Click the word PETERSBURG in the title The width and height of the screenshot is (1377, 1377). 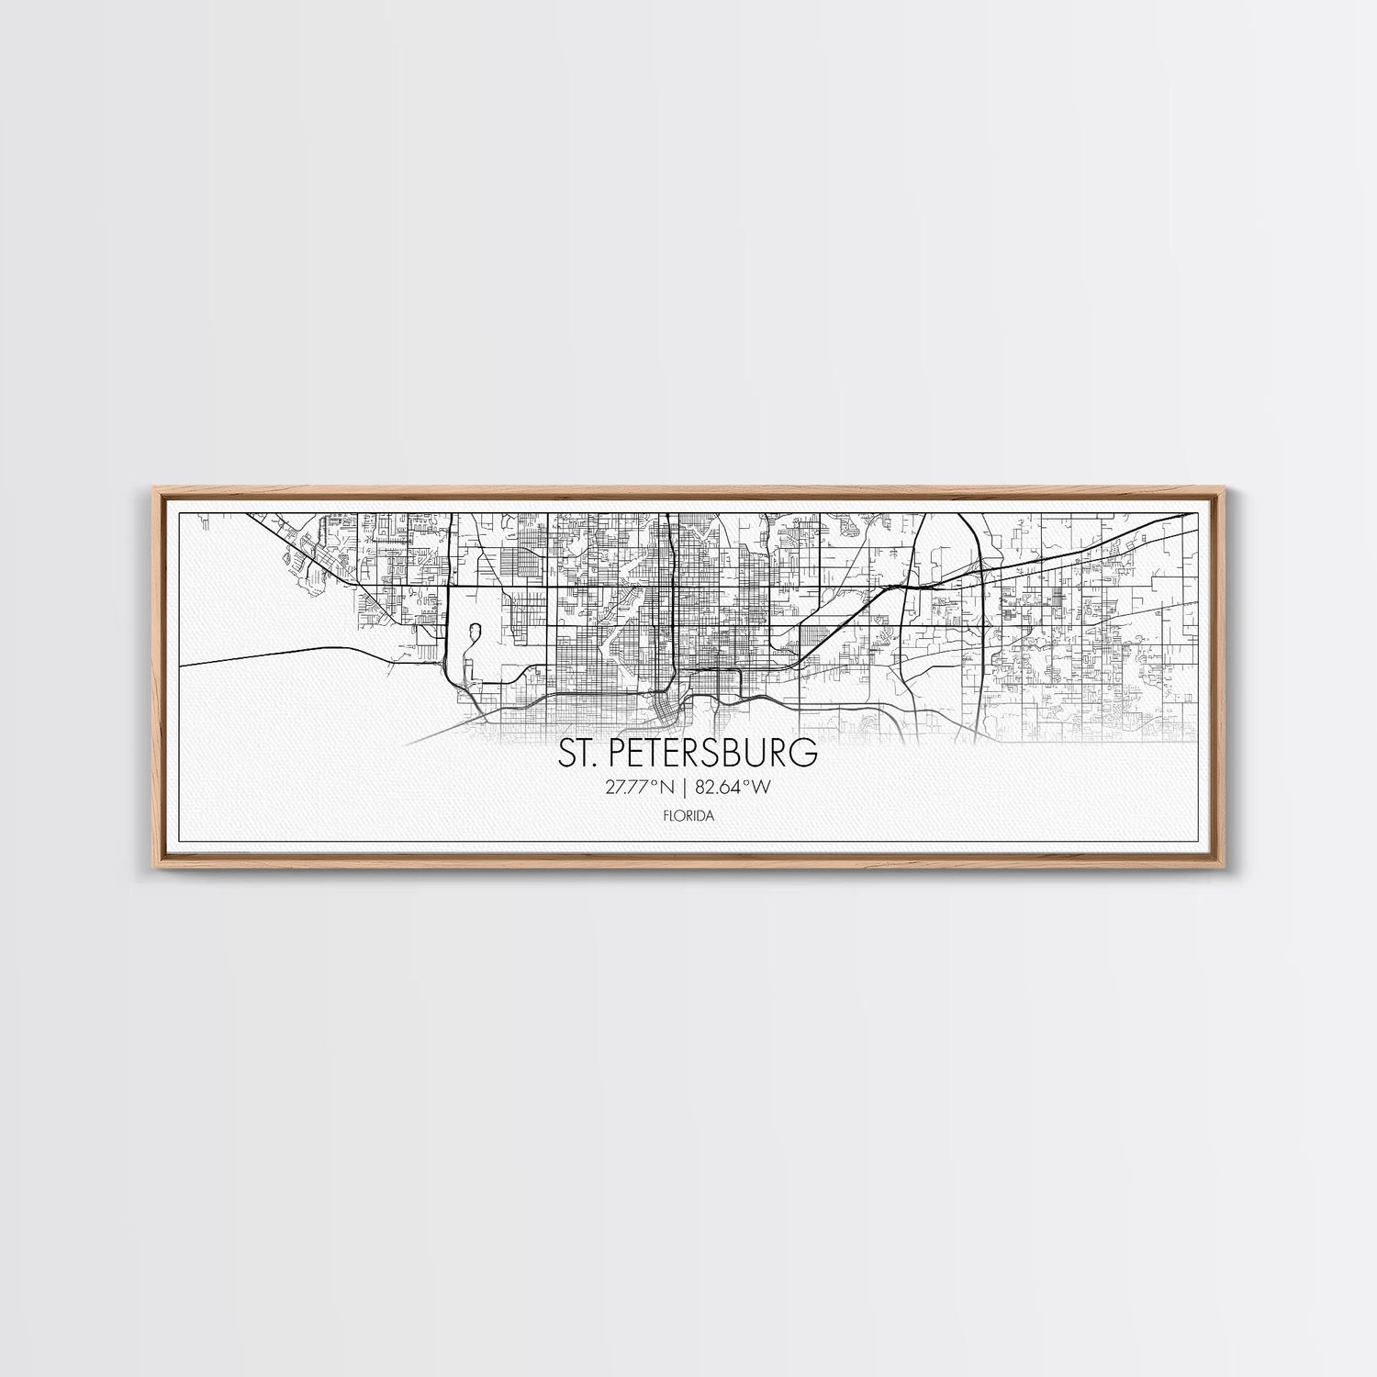coord(710,753)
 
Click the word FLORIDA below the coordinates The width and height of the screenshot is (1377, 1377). coord(687,815)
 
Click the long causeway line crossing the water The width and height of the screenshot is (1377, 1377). coord(275,653)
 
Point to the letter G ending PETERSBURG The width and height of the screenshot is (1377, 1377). coord(805,753)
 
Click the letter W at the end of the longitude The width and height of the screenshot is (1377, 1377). coord(761,787)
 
